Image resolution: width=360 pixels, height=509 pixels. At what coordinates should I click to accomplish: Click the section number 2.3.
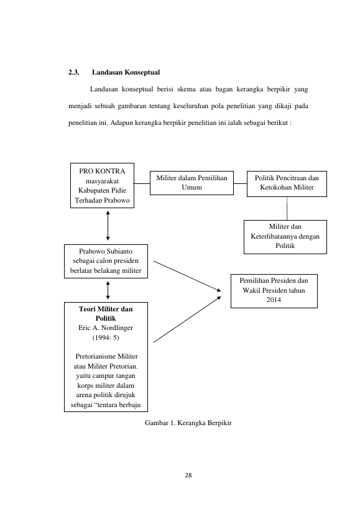[74, 72]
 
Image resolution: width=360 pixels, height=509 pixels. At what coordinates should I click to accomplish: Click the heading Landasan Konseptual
[126, 72]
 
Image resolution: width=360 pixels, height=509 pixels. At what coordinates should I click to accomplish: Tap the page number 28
[188, 475]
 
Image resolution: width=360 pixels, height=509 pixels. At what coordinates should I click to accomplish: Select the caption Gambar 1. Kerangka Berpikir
[188, 423]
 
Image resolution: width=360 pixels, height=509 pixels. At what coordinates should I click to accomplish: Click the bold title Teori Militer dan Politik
[106, 314]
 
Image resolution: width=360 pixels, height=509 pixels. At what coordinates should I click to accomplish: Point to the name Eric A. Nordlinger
[106, 328]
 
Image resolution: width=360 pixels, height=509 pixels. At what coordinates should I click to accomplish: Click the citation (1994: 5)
[106, 337]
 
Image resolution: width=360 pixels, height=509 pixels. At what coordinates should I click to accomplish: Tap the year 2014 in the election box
[274, 300]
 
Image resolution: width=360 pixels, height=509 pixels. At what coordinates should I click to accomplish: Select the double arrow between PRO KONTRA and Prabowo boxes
[108, 226]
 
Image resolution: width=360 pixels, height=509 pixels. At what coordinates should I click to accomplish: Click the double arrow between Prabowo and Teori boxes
[108, 290]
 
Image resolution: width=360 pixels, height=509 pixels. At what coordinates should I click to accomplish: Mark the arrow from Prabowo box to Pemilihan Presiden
[187, 276]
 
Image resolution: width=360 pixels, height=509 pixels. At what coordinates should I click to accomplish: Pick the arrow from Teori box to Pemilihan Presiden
[187, 319]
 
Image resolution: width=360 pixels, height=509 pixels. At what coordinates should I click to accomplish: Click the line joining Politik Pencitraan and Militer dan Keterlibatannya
[287, 208]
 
